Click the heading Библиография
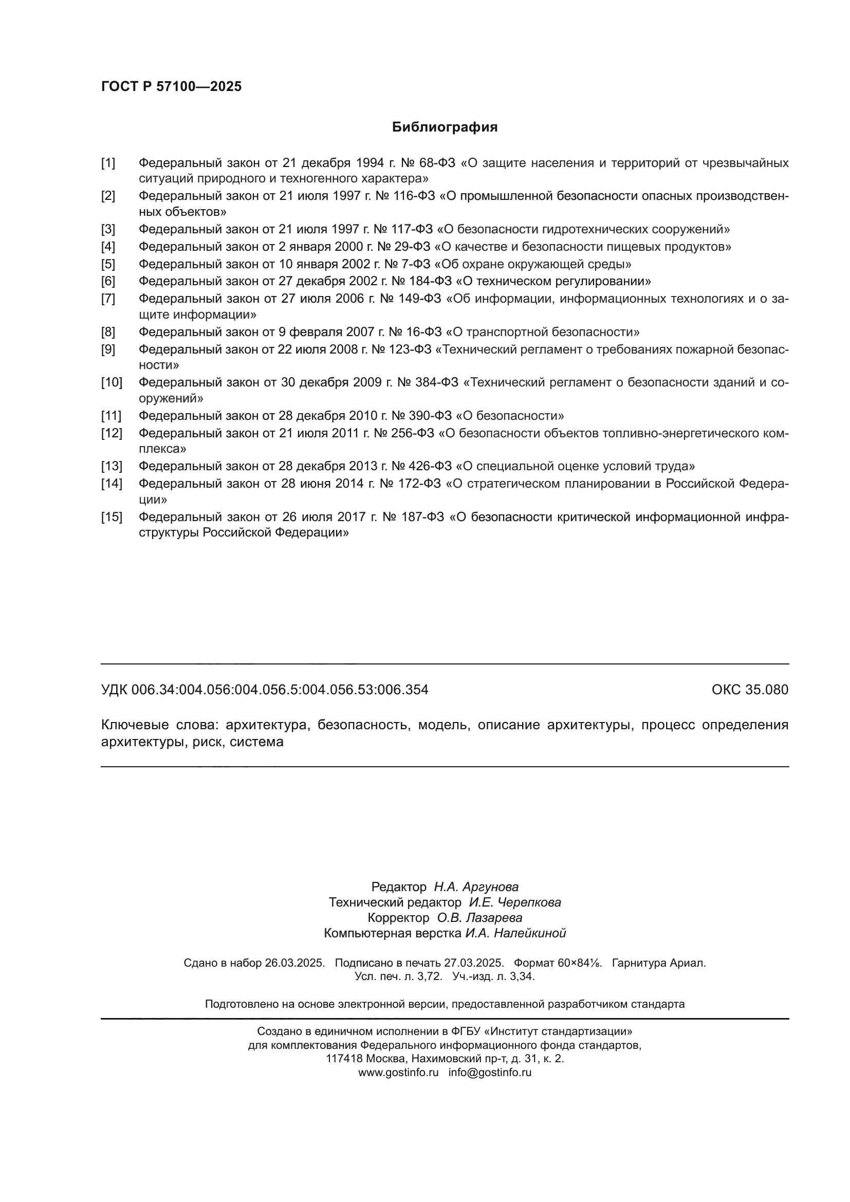(x=445, y=127)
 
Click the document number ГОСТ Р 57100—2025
(x=171, y=86)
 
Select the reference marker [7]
(x=108, y=299)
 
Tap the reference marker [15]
(x=111, y=517)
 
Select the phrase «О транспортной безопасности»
(x=542, y=332)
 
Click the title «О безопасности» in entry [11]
(x=510, y=416)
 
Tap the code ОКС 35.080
(x=749, y=690)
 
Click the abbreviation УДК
(x=114, y=690)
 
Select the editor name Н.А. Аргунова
(x=476, y=887)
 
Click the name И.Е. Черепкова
(x=514, y=902)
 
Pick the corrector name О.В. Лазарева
(x=479, y=918)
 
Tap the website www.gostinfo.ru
(x=398, y=1072)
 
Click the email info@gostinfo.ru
(x=489, y=1072)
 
